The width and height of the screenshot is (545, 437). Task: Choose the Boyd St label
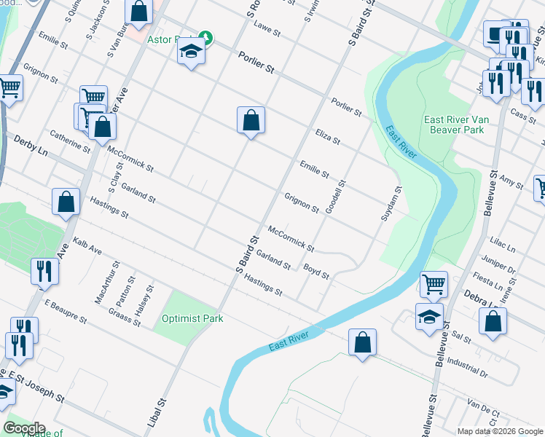click(x=317, y=272)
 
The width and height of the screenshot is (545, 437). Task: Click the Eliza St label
click(x=328, y=135)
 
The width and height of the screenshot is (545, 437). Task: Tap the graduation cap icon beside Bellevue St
click(x=429, y=316)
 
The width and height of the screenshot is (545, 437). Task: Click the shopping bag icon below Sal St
click(x=362, y=342)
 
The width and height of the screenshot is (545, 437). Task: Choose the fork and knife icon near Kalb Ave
click(x=45, y=272)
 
